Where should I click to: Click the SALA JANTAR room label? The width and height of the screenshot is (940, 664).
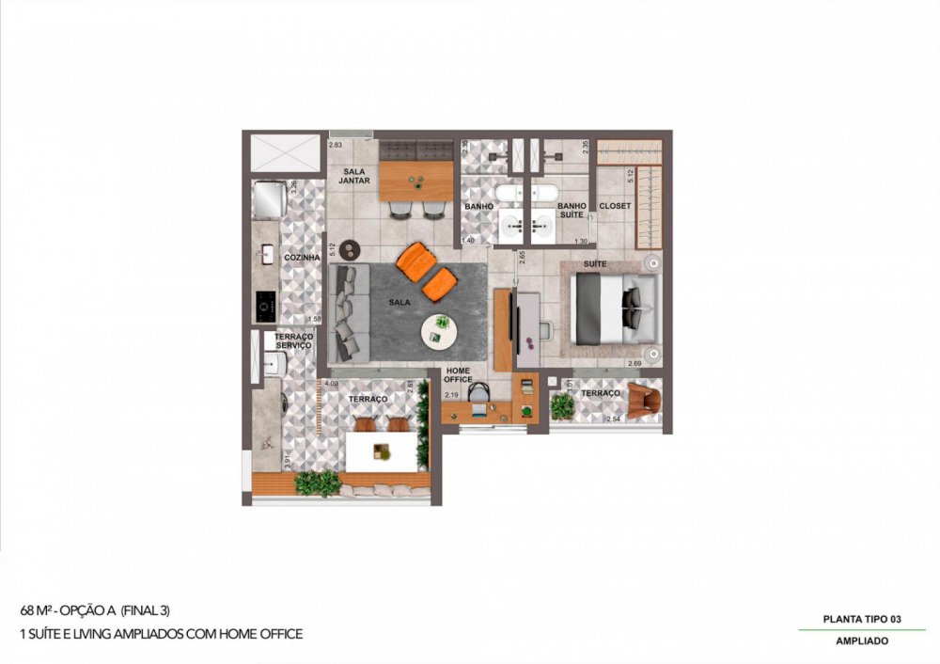[353, 176]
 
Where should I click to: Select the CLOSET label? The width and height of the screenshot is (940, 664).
[615, 206]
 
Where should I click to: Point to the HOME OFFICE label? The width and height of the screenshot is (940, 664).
[458, 374]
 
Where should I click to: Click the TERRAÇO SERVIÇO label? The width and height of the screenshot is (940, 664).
[294, 340]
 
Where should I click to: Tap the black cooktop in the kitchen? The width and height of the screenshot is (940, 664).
[264, 304]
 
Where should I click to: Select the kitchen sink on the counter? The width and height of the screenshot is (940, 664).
[265, 254]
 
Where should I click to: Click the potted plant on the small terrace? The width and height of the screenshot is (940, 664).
[562, 406]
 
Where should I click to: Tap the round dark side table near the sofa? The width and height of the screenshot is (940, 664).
[352, 250]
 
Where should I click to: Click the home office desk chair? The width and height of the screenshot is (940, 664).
[480, 395]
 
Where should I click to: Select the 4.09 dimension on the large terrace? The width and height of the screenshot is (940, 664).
[331, 384]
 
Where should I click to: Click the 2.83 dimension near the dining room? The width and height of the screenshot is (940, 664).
[336, 145]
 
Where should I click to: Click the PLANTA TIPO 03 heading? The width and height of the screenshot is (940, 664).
[861, 619]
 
